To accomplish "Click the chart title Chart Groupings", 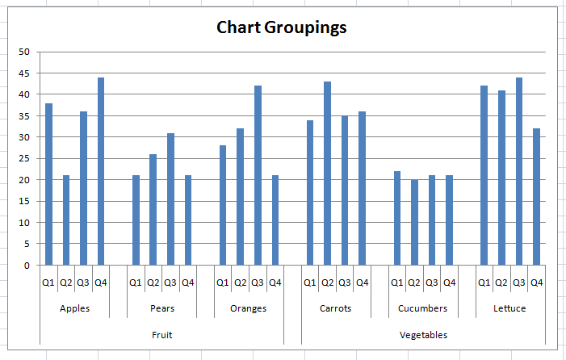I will (282, 27).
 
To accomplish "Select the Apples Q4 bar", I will (101, 171).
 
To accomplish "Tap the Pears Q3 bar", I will (170, 199).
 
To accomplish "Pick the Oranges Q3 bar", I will (258, 175).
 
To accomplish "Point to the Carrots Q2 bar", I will (327, 173).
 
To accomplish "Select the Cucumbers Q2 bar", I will (414, 222).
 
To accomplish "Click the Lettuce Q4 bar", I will (536, 196).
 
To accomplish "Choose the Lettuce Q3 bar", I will (518, 171).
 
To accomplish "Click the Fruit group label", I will (162, 334).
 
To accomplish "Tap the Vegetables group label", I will (423, 334).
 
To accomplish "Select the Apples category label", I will (75, 308).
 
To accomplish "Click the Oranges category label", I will (249, 308).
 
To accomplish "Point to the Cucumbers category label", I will (423, 308).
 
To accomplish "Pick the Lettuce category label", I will (509, 308).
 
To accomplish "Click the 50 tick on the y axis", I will (23, 52).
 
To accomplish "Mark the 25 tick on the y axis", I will (23, 158).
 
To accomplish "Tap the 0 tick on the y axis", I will (26, 265).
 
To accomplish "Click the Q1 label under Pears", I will (136, 283).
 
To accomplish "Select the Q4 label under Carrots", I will (362, 283).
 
